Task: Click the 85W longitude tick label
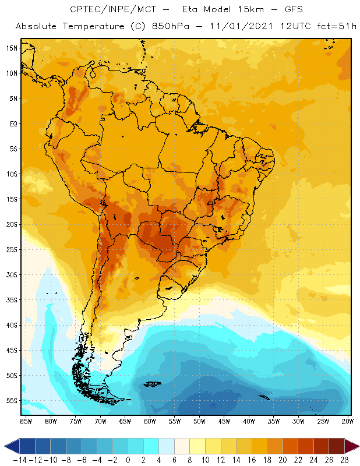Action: tap(26, 421)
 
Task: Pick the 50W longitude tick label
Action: tap(199, 421)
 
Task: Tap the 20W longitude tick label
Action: tap(347, 421)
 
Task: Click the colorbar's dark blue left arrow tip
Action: tap(8, 447)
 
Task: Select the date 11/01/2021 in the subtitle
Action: tap(224, 26)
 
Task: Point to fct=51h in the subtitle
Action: tap(329, 26)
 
